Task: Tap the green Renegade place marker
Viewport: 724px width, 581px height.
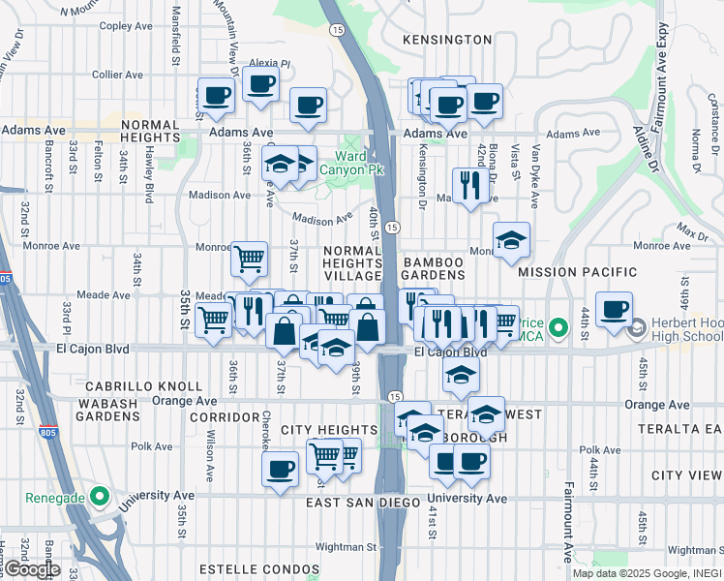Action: [100, 498]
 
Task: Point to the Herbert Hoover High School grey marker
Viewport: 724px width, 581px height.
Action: [638, 329]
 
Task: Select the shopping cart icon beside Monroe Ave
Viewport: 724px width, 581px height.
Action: [250, 259]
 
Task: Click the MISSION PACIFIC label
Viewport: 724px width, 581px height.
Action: [577, 273]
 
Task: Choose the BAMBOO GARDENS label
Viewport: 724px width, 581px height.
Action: [440, 269]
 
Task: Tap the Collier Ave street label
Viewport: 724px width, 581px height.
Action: [118, 75]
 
